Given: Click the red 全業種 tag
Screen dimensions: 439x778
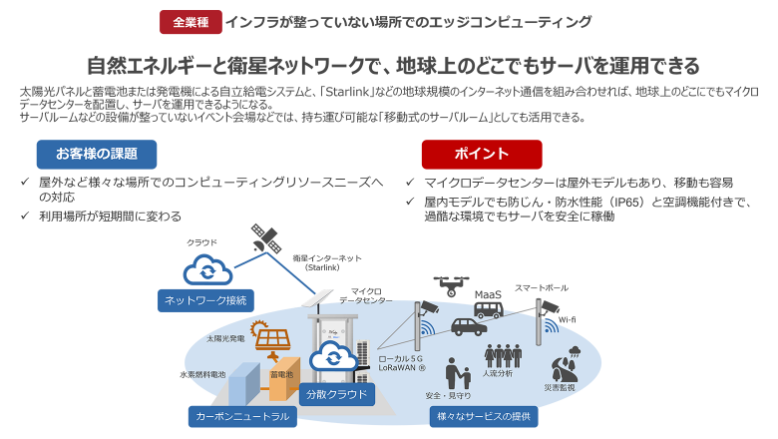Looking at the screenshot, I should (190, 21).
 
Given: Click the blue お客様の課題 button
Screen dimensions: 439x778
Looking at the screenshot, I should (97, 154).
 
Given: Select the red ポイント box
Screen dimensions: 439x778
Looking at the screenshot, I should (481, 154).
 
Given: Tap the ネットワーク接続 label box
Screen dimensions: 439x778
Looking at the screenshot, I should (203, 299).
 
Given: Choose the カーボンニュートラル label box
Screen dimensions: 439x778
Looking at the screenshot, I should (240, 416).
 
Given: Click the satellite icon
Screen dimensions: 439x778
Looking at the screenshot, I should (265, 237).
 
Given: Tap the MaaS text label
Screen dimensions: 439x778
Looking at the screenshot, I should (489, 293).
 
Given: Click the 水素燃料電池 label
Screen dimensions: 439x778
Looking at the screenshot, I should (203, 374).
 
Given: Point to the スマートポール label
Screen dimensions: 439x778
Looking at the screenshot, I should (536, 288).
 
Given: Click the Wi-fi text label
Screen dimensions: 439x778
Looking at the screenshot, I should (567, 319).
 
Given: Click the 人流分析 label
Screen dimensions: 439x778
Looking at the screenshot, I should (497, 373).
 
